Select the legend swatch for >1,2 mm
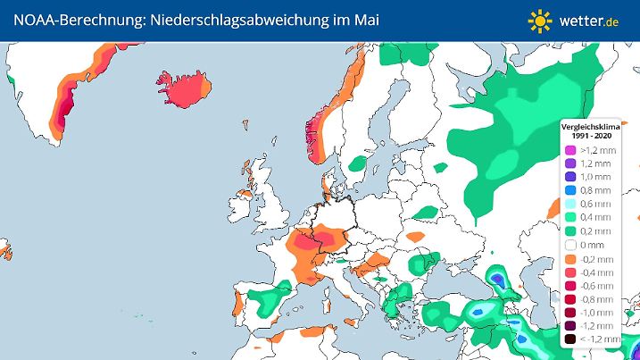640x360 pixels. pyautogui.click(x=569, y=151)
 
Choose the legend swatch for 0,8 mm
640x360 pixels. pyautogui.click(x=569, y=191)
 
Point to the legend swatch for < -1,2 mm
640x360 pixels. pyautogui.click(x=569, y=339)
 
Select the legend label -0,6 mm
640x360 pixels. pyautogui.click(x=594, y=286)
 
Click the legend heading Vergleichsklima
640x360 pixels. pyautogui.click(x=589, y=128)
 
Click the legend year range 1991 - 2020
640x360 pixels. pyautogui.click(x=589, y=137)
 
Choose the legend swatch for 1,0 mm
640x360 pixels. pyautogui.click(x=569, y=178)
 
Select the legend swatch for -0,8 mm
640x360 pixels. pyautogui.click(x=569, y=299)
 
